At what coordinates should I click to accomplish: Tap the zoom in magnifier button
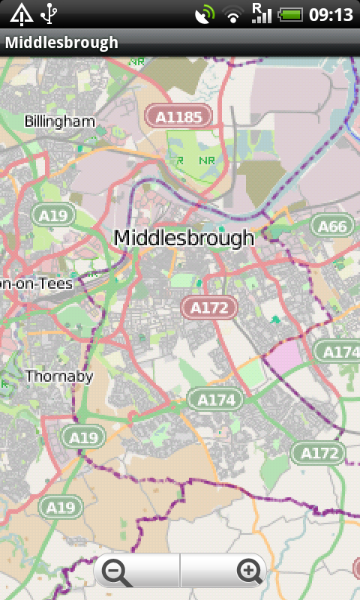click(249, 571)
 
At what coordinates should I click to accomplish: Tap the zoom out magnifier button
click(116, 572)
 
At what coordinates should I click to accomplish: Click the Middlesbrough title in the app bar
click(61, 43)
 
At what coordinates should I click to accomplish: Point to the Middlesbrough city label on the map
click(184, 238)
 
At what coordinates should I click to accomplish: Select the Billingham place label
click(60, 121)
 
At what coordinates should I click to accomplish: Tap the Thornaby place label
click(59, 376)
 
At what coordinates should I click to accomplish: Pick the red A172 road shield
click(209, 307)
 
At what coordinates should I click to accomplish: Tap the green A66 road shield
click(333, 226)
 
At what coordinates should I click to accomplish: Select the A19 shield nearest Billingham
click(53, 216)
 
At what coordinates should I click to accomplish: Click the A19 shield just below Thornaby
click(83, 437)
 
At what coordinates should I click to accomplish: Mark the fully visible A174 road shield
click(217, 400)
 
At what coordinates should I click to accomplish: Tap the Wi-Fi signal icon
click(235, 13)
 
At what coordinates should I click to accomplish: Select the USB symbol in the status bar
click(49, 13)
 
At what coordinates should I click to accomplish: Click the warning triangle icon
click(21, 13)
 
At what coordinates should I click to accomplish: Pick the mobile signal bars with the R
click(261, 13)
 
